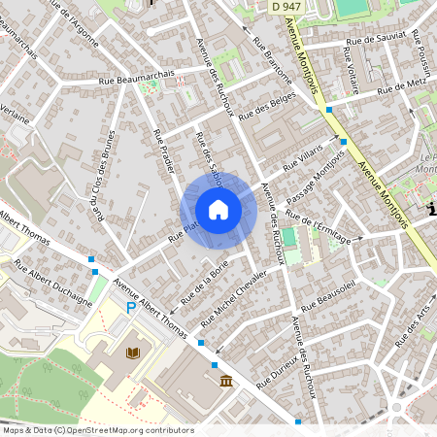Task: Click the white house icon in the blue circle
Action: (218, 209)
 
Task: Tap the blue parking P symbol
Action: (130, 307)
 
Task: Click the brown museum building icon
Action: (226, 380)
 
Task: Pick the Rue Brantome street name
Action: (273, 61)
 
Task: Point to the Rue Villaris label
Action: (302, 161)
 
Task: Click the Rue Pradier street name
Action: (163, 151)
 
